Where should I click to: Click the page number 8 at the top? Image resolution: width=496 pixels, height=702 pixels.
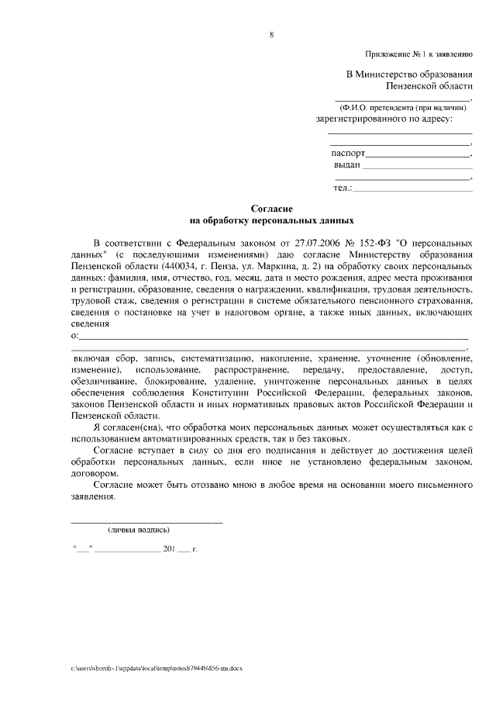[x=270, y=35]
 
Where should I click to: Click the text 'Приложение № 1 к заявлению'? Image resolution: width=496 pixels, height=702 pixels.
[x=419, y=54]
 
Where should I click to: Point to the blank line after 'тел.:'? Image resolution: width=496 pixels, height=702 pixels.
[x=412, y=188]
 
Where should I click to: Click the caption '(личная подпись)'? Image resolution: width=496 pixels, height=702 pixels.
[x=139, y=530]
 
